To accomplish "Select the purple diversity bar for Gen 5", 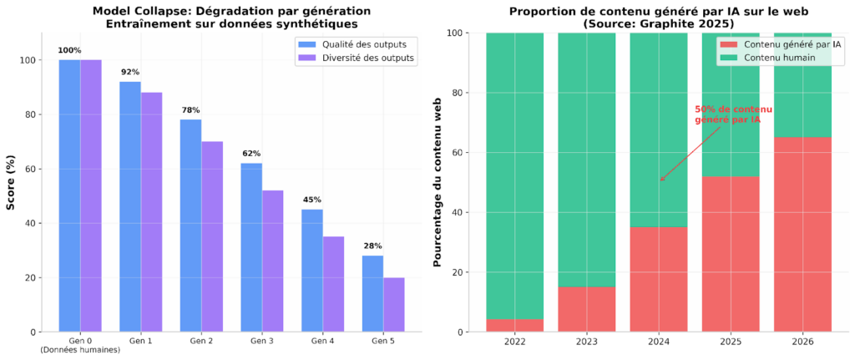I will (x=393, y=304).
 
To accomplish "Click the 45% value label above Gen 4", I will (x=311, y=200).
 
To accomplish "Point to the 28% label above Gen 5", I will (x=372, y=246).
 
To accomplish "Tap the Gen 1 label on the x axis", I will (x=140, y=342).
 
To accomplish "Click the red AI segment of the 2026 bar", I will (x=802, y=234).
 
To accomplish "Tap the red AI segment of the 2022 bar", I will (x=514, y=325).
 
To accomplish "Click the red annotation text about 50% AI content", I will (x=733, y=114).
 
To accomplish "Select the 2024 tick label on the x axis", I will (x=659, y=342).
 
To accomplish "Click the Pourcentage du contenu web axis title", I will (x=437, y=182).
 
